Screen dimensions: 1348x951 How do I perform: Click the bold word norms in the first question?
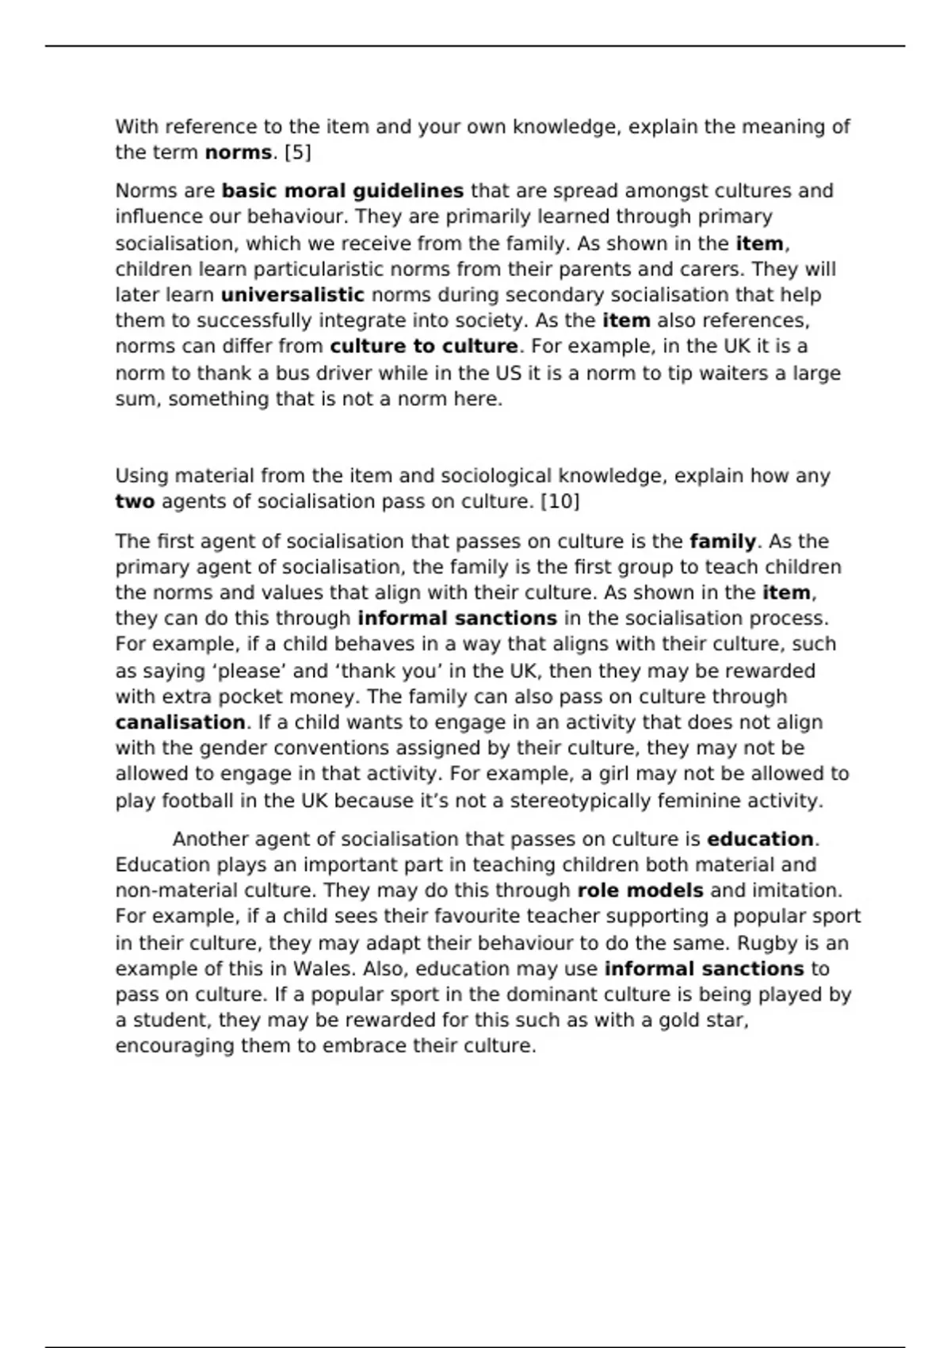coord(238,152)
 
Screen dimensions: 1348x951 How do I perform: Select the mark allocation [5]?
coord(297,152)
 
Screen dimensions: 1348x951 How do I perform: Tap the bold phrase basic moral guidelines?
coord(342,191)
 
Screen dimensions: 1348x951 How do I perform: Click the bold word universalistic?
coord(292,295)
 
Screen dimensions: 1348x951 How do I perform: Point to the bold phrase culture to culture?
coord(424,347)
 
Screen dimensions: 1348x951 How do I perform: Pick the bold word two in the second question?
coord(135,502)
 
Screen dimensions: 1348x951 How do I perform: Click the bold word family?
coord(723,542)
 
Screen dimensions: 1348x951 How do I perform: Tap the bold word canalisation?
coord(181,722)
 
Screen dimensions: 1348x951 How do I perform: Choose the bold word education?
coord(760,839)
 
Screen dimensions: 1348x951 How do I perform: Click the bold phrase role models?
coord(640,890)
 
